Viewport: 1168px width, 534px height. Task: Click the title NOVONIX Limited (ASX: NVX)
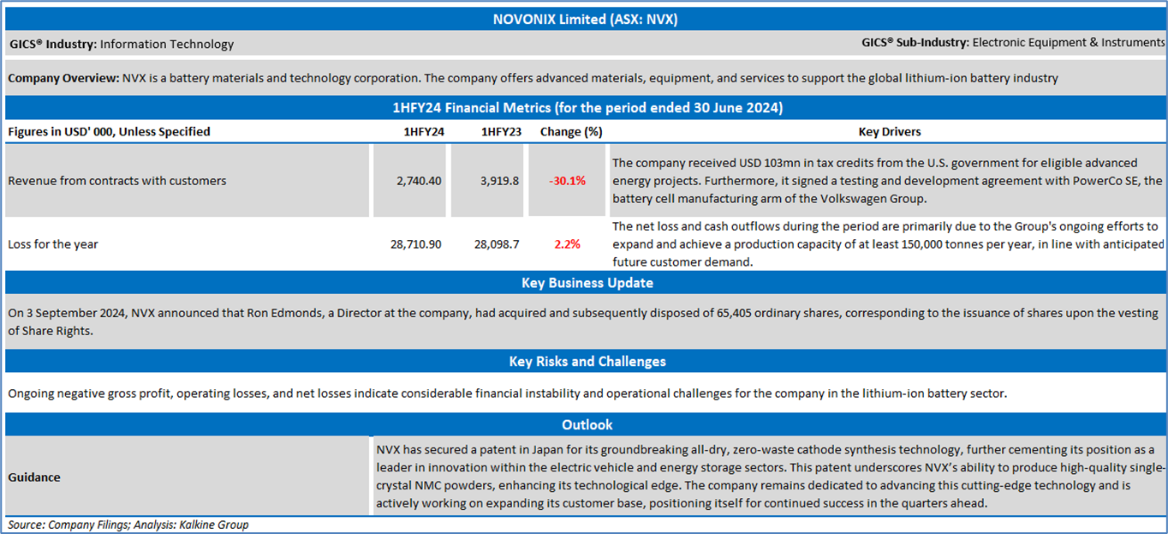pyautogui.click(x=585, y=20)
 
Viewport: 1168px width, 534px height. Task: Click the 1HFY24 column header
pyautogui.click(x=423, y=131)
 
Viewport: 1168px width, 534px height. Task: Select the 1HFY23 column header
pyautogui.click(x=501, y=131)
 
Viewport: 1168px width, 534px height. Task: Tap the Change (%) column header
pyautogui.click(x=571, y=131)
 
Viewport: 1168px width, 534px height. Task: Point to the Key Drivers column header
pyautogui.click(x=890, y=131)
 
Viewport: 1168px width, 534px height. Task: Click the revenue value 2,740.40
pyautogui.click(x=419, y=181)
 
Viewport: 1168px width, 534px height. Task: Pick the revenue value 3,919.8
pyautogui.click(x=499, y=181)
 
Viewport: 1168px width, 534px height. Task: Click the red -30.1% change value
pyautogui.click(x=567, y=181)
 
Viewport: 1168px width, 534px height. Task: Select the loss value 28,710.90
pyautogui.click(x=415, y=243)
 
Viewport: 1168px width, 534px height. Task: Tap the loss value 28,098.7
pyautogui.click(x=497, y=243)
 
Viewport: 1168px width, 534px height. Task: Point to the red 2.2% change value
pyautogui.click(x=567, y=243)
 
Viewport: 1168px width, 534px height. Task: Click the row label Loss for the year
pyautogui.click(x=53, y=243)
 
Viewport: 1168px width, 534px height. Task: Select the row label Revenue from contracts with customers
pyautogui.click(x=116, y=181)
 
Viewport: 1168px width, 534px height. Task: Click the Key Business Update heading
pyautogui.click(x=587, y=282)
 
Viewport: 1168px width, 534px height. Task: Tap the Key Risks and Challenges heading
pyautogui.click(x=587, y=361)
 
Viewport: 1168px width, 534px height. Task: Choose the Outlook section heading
pyautogui.click(x=587, y=424)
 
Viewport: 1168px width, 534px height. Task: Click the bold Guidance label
pyautogui.click(x=34, y=477)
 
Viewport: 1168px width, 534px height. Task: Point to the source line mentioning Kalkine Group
pyautogui.click(x=128, y=524)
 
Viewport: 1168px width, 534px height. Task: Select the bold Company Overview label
pyautogui.click(x=63, y=78)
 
